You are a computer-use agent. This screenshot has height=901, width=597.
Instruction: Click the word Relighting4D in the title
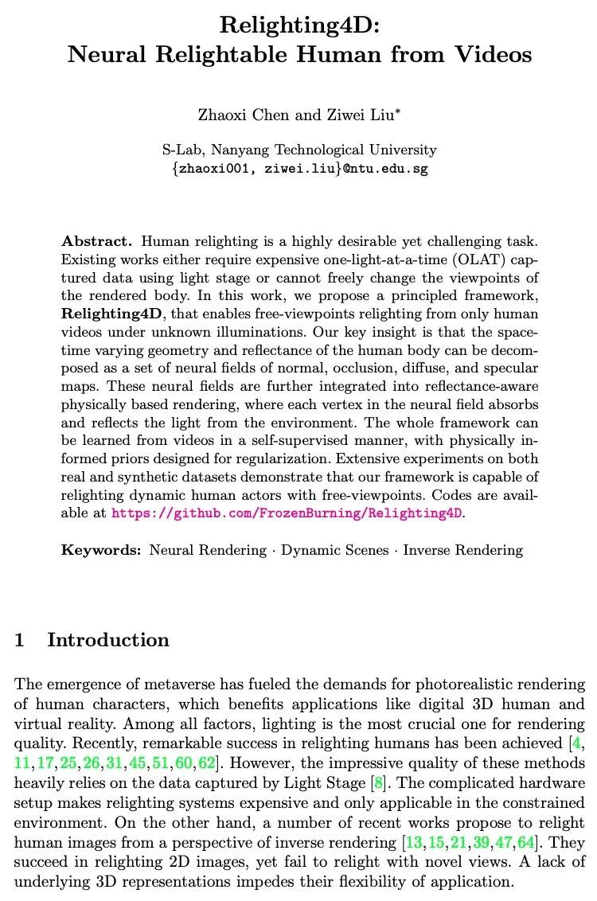click(x=298, y=25)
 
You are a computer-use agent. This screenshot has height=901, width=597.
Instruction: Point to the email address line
click(x=299, y=169)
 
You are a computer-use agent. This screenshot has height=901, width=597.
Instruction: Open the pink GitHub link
click(x=287, y=513)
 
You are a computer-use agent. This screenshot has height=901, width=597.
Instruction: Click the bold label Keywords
click(x=101, y=550)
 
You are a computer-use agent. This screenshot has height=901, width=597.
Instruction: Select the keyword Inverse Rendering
click(x=463, y=550)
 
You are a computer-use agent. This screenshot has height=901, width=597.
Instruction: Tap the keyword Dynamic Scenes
click(x=335, y=550)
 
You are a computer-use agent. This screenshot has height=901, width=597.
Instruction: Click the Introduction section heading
click(x=108, y=640)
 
